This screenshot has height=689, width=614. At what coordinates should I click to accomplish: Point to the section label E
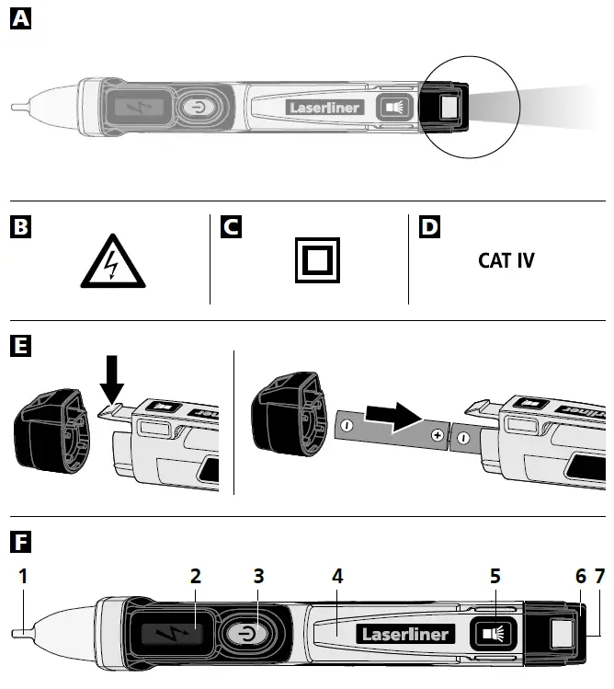tap(19, 346)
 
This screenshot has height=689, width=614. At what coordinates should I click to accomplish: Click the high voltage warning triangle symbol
tap(110, 265)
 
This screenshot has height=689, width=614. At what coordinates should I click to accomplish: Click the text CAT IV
tap(506, 260)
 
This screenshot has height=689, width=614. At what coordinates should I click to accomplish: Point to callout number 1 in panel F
tap(23, 576)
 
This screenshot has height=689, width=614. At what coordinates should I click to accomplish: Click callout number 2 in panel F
tap(195, 576)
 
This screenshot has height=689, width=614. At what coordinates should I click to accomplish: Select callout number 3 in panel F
tap(258, 576)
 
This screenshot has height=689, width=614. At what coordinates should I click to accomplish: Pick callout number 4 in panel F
tap(337, 576)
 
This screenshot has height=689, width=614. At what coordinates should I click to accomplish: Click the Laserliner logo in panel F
tap(404, 634)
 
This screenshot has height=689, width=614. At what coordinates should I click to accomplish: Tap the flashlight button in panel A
tap(394, 108)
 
